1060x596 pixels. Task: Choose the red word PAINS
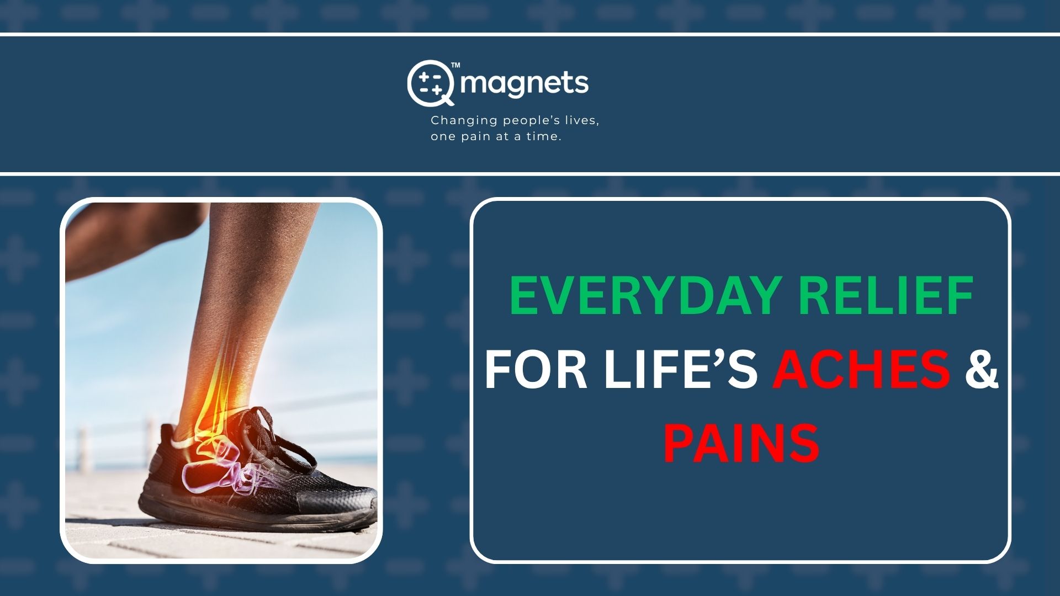tap(741, 443)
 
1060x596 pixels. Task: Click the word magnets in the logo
tap(524, 83)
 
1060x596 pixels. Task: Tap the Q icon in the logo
tap(431, 83)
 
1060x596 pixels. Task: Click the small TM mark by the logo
tap(455, 65)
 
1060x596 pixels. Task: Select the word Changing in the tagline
tap(464, 121)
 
